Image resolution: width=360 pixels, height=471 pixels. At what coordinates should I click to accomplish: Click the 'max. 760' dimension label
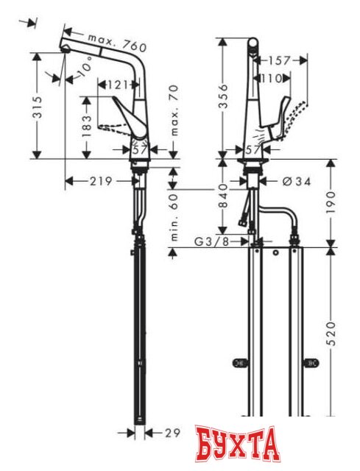coord(117,42)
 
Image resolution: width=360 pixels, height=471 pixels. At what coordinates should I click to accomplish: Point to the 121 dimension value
coord(119,86)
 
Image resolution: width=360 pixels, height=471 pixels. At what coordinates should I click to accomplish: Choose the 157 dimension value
coord(278,60)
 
